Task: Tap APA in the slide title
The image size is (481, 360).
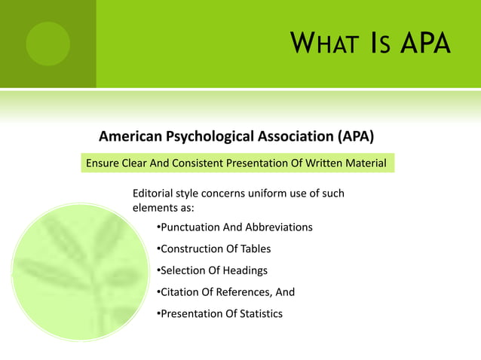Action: pos(425,44)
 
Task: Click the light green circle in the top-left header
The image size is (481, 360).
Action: pos(47,44)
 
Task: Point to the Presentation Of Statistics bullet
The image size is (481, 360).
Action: pos(219,313)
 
